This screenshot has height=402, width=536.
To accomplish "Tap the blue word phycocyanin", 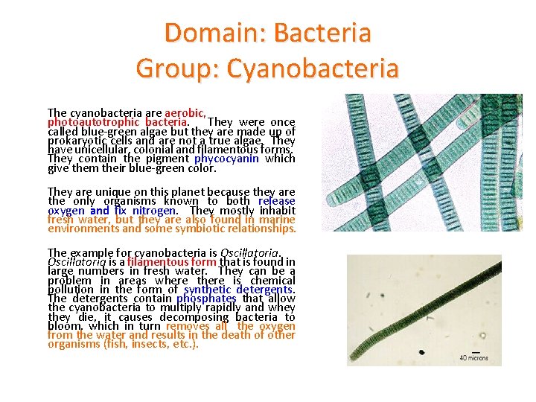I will pyautogui.click(x=226, y=159).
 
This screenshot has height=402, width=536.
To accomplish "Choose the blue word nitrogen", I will pyautogui.click(x=154, y=211).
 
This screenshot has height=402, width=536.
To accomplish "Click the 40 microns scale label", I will pyautogui.click(x=473, y=358).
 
